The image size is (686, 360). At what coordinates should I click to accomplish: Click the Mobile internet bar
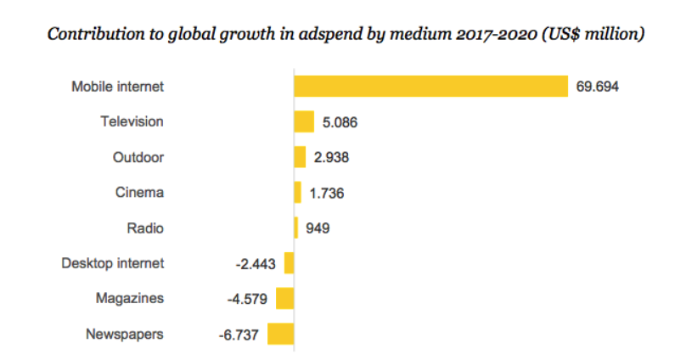pyautogui.click(x=430, y=86)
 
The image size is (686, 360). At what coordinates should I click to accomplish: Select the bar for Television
pyautogui.click(x=304, y=121)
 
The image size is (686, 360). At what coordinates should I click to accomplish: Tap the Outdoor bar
pyautogui.click(x=300, y=157)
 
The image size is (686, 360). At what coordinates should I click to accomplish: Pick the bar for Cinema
pyautogui.click(x=297, y=193)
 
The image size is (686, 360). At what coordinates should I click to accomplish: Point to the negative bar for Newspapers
pyautogui.click(x=281, y=334)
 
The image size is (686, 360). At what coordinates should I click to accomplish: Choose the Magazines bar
pyautogui.click(x=285, y=298)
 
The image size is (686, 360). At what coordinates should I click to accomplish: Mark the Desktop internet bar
pyautogui.click(x=290, y=263)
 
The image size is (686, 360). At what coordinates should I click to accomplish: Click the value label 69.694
pyautogui.click(x=598, y=87)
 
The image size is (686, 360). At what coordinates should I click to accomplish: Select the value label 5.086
pyautogui.click(x=340, y=122)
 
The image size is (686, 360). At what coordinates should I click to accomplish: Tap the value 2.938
pyautogui.click(x=331, y=158)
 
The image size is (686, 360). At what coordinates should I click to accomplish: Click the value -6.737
pyautogui.click(x=239, y=335)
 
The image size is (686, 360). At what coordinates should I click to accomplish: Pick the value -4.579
pyautogui.click(x=247, y=299)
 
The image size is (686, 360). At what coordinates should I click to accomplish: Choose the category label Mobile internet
pyautogui.click(x=117, y=87)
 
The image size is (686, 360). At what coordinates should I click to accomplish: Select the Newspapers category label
pyautogui.click(x=125, y=334)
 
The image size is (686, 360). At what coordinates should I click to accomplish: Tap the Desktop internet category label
pyautogui.click(x=113, y=263)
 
